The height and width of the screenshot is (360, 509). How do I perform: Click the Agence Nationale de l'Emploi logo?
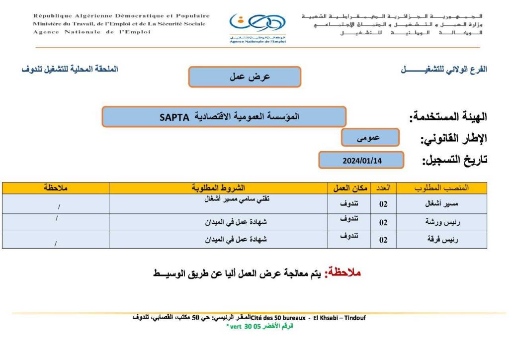click(257, 27)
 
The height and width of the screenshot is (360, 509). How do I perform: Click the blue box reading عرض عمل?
click(245, 77)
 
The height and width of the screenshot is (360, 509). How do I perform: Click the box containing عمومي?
click(370, 138)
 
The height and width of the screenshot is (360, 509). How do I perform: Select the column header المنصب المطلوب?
click(441, 188)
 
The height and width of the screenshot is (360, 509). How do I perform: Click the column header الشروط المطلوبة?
click(218, 188)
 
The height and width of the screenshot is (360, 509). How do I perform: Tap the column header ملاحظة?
click(55, 188)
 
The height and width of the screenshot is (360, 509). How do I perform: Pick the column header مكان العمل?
click(350, 188)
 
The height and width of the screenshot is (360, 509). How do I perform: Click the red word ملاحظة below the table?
click(342, 273)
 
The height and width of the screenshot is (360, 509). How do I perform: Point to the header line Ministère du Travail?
click(119, 24)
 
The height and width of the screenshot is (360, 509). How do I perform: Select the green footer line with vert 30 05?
click(259, 327)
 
